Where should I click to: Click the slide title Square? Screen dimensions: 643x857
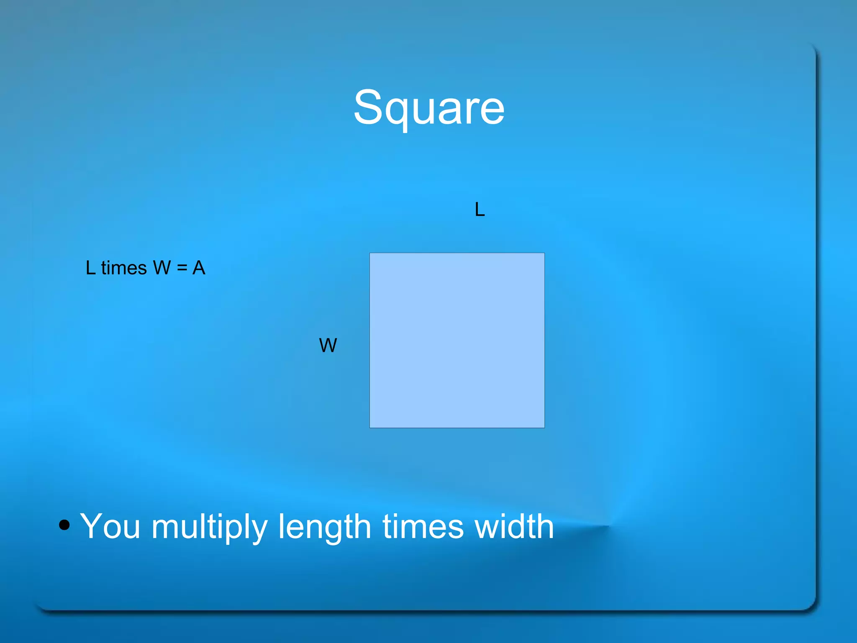pos(429,108)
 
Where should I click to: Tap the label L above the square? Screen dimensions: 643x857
pos(480,209)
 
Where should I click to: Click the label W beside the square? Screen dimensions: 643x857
pos(328,346)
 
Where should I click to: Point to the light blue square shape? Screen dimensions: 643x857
pos(457,340)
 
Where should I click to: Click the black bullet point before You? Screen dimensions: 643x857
pos(64,525)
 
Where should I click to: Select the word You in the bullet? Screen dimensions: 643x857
pos(110,526)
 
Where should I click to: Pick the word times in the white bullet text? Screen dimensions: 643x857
pos(423,526)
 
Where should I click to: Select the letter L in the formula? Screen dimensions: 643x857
pos(90,268)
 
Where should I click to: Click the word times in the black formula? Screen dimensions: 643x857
pos(124,268)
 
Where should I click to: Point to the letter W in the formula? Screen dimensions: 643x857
pos(162,268)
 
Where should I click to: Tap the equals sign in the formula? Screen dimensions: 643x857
pos(182,268)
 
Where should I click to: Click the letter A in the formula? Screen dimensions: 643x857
pos(199,268)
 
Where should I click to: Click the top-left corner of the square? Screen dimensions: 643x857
pos(370,253)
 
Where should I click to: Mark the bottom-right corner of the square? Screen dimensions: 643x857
pos(544,428)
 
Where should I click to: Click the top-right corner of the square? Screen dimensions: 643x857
pos(544,253)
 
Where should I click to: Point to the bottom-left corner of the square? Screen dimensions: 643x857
pos(370,428)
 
